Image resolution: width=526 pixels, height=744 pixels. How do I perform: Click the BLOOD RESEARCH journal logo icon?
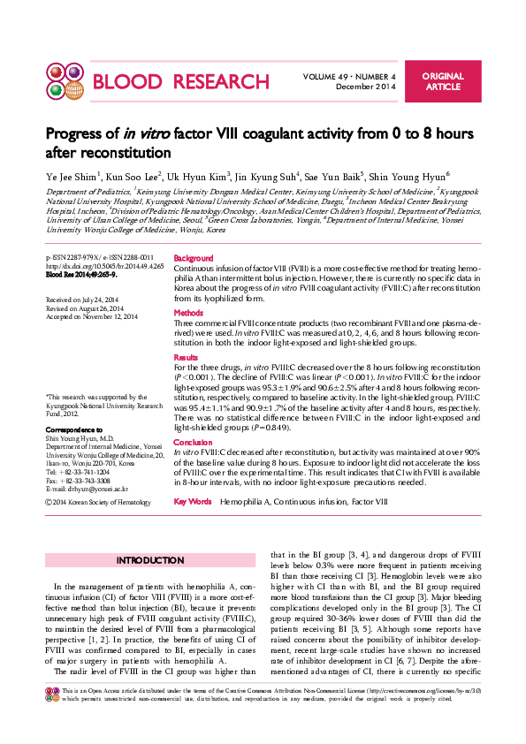point(62,82)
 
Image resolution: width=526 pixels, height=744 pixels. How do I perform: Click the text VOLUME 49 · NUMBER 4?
point(349,77)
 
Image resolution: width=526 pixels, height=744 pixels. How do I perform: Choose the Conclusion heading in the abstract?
point(193,442)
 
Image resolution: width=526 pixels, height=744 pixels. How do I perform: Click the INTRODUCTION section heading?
point(150,561)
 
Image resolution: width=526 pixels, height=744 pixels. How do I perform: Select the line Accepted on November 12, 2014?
point(91,315)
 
